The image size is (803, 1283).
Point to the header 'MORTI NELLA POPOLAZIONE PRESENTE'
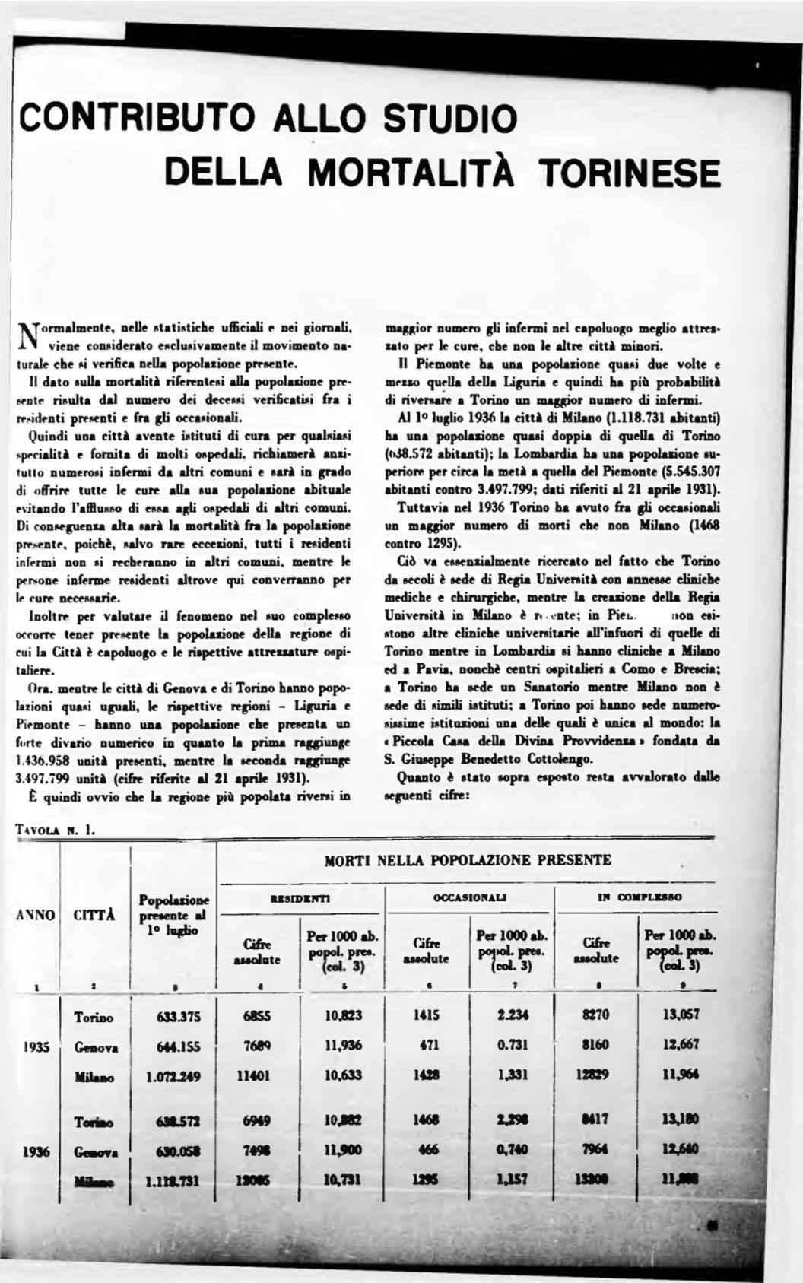(468, 860)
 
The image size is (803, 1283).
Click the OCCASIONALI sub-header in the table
(471, 898)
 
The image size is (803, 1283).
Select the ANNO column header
(36, 916)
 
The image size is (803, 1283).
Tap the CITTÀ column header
(94, 916)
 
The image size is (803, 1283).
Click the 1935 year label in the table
(36, 1046)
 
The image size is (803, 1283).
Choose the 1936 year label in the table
(36, 1151)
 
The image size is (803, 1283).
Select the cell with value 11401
(259, 1075)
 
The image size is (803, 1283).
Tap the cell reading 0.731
(513, 1045)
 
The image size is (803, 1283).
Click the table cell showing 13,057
(681, 1015)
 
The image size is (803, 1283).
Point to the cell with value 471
(428, 1046)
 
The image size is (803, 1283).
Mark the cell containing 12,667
(681, 1045)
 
